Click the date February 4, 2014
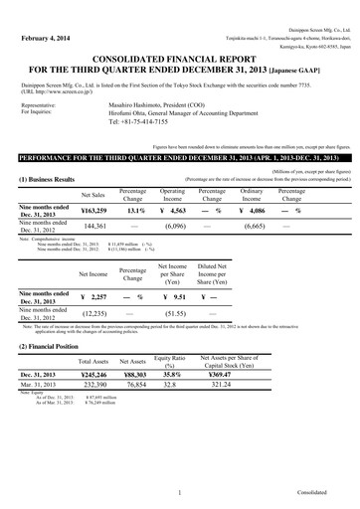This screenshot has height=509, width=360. tap(40, 39)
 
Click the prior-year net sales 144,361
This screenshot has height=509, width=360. tap(92, 227)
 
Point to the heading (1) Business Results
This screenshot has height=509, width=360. tap(47, 179)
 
